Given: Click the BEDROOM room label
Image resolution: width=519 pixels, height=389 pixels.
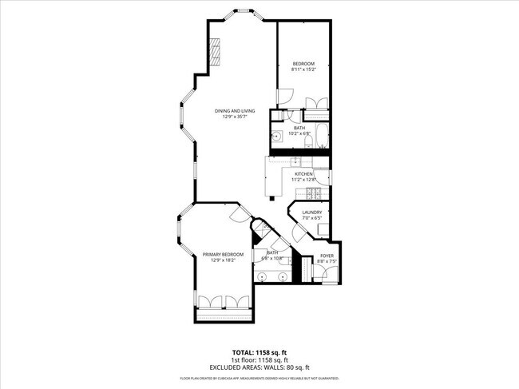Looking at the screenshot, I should click(x=303, y=64).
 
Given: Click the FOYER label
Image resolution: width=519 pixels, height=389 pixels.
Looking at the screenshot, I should click(x=327, y=256).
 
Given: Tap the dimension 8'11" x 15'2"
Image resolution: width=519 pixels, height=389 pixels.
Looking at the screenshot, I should click(x=303, y=70).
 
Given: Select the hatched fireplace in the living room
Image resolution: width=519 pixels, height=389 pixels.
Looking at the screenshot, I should click(x=215, y=53).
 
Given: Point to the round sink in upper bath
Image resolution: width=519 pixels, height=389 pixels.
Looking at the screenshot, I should click(x=276, y=137).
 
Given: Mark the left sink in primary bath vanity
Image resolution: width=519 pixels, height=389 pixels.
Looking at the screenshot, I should click(x=264, y=276).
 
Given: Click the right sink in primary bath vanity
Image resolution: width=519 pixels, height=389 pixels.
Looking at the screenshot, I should click(x=281, y=276).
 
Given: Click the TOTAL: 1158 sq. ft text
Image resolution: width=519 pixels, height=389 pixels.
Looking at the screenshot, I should click(x=259, y=351).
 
